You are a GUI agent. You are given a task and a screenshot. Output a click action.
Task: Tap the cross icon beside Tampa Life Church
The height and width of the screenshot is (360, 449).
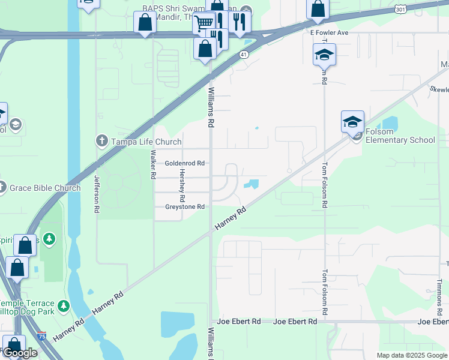click(101, 141)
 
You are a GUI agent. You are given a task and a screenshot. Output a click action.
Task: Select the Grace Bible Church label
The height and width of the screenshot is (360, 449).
click(46, 188)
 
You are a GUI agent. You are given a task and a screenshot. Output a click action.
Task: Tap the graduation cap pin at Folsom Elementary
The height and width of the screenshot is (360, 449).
click(352, 122)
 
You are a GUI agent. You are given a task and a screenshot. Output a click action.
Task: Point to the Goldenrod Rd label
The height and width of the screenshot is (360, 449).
click(185, 163)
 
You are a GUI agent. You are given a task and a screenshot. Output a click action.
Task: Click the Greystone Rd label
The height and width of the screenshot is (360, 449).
click(185, 207)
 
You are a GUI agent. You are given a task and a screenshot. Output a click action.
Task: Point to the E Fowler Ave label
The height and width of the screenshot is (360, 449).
click(329, 32)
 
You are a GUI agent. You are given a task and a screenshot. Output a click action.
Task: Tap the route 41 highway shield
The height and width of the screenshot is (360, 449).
click(243, 54)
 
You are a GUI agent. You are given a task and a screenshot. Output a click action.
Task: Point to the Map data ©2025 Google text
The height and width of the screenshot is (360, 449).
click(411, 355)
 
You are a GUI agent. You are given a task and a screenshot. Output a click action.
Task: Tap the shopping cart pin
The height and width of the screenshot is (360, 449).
click(204, 23)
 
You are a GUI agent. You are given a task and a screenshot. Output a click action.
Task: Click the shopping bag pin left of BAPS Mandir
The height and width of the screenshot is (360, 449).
click(145, 24)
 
